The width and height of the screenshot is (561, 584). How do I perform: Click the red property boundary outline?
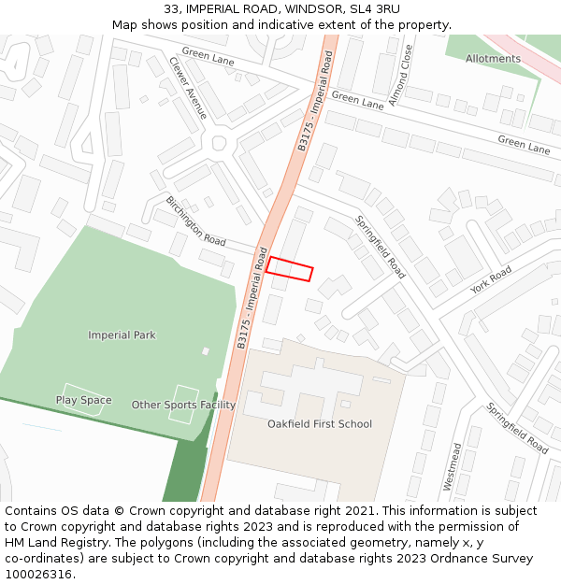coord(289,269)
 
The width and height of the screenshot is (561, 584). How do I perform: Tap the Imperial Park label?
coord(122,335)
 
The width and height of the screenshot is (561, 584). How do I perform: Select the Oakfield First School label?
coord(320,424)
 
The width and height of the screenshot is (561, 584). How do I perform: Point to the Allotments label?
coord(493,59)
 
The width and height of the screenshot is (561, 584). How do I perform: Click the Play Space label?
coord(83,400)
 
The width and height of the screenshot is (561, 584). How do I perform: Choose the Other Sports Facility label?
coord(183,405)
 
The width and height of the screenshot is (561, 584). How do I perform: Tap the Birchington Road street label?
coord(195,221)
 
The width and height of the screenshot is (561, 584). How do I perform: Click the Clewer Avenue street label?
coord(188,88)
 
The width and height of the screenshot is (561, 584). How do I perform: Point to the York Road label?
coord(491,279)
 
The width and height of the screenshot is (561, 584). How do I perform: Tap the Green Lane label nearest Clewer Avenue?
coord(209,58)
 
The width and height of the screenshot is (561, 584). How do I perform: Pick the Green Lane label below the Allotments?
coord(524,144)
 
